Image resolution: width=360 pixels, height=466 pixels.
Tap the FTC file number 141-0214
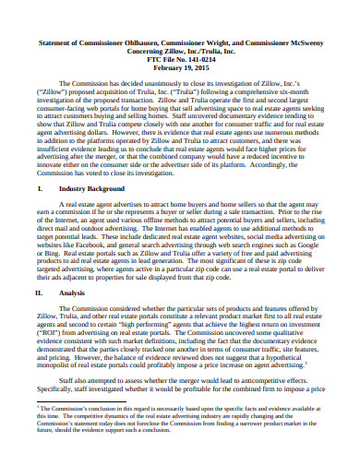point(196,60)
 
